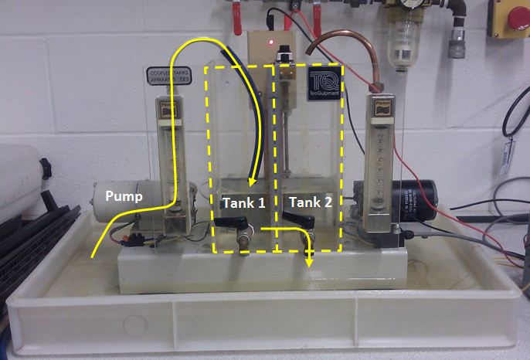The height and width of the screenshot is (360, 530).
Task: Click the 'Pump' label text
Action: coord(124,197)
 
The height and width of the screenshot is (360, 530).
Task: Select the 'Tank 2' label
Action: coord(311,203)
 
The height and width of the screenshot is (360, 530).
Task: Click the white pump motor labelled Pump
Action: coord(131,202)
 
